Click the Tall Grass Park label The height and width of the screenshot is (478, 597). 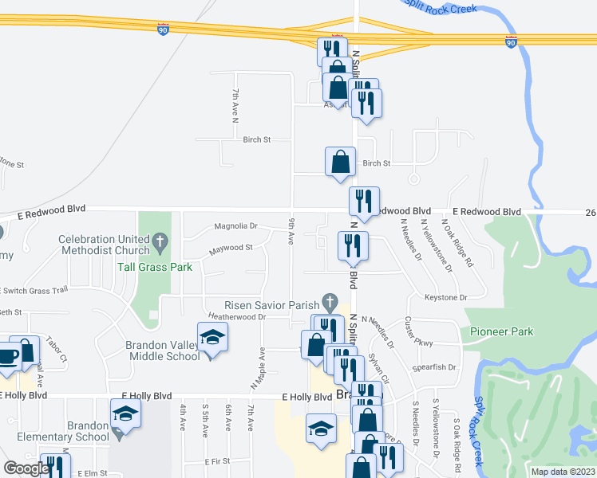(x=156, y=267)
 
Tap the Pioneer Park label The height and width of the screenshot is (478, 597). (x=501, y=331)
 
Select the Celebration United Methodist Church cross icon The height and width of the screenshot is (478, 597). (x=160, y=239)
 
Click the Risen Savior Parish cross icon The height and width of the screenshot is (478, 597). (x=328, y=302)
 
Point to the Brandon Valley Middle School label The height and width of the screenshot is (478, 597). (x=163, y=351)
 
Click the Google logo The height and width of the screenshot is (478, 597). (x=26, y=469)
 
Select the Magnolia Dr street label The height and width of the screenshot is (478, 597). (x=235, y=226)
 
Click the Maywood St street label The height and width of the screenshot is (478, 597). (x=231, y=248)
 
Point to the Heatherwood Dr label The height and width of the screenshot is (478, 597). (x=236, y=316)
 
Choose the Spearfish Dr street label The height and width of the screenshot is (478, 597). (x=434, y=367)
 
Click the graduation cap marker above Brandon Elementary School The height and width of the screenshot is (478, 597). (x=126, y=413)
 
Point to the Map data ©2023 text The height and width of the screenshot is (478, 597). (x=563, y=472)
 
